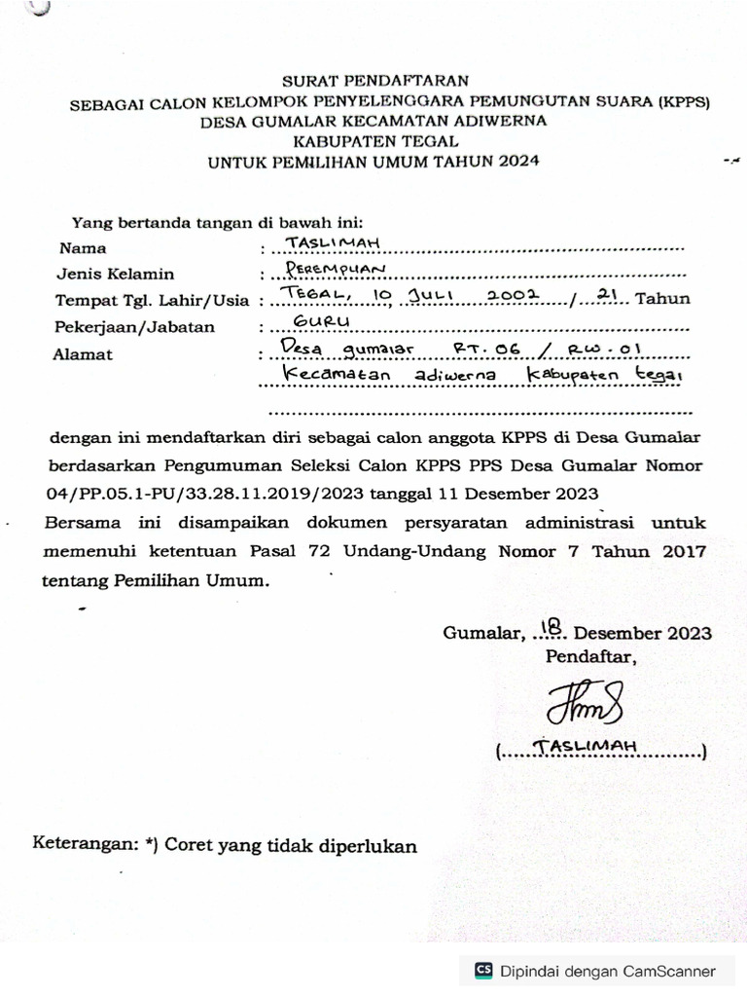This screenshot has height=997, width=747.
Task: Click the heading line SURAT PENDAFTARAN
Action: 375,81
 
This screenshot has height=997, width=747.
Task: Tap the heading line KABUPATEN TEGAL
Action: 374,141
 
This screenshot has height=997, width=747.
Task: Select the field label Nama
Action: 83,248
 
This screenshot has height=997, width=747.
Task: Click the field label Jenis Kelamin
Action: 115,274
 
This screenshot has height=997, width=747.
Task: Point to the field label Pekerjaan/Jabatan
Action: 134,327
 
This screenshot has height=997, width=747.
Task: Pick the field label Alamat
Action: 83,354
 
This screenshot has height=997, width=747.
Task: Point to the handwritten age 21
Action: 607,293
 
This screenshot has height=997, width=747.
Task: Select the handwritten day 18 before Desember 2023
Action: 552,627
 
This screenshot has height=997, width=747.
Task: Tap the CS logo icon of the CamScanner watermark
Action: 483,970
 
